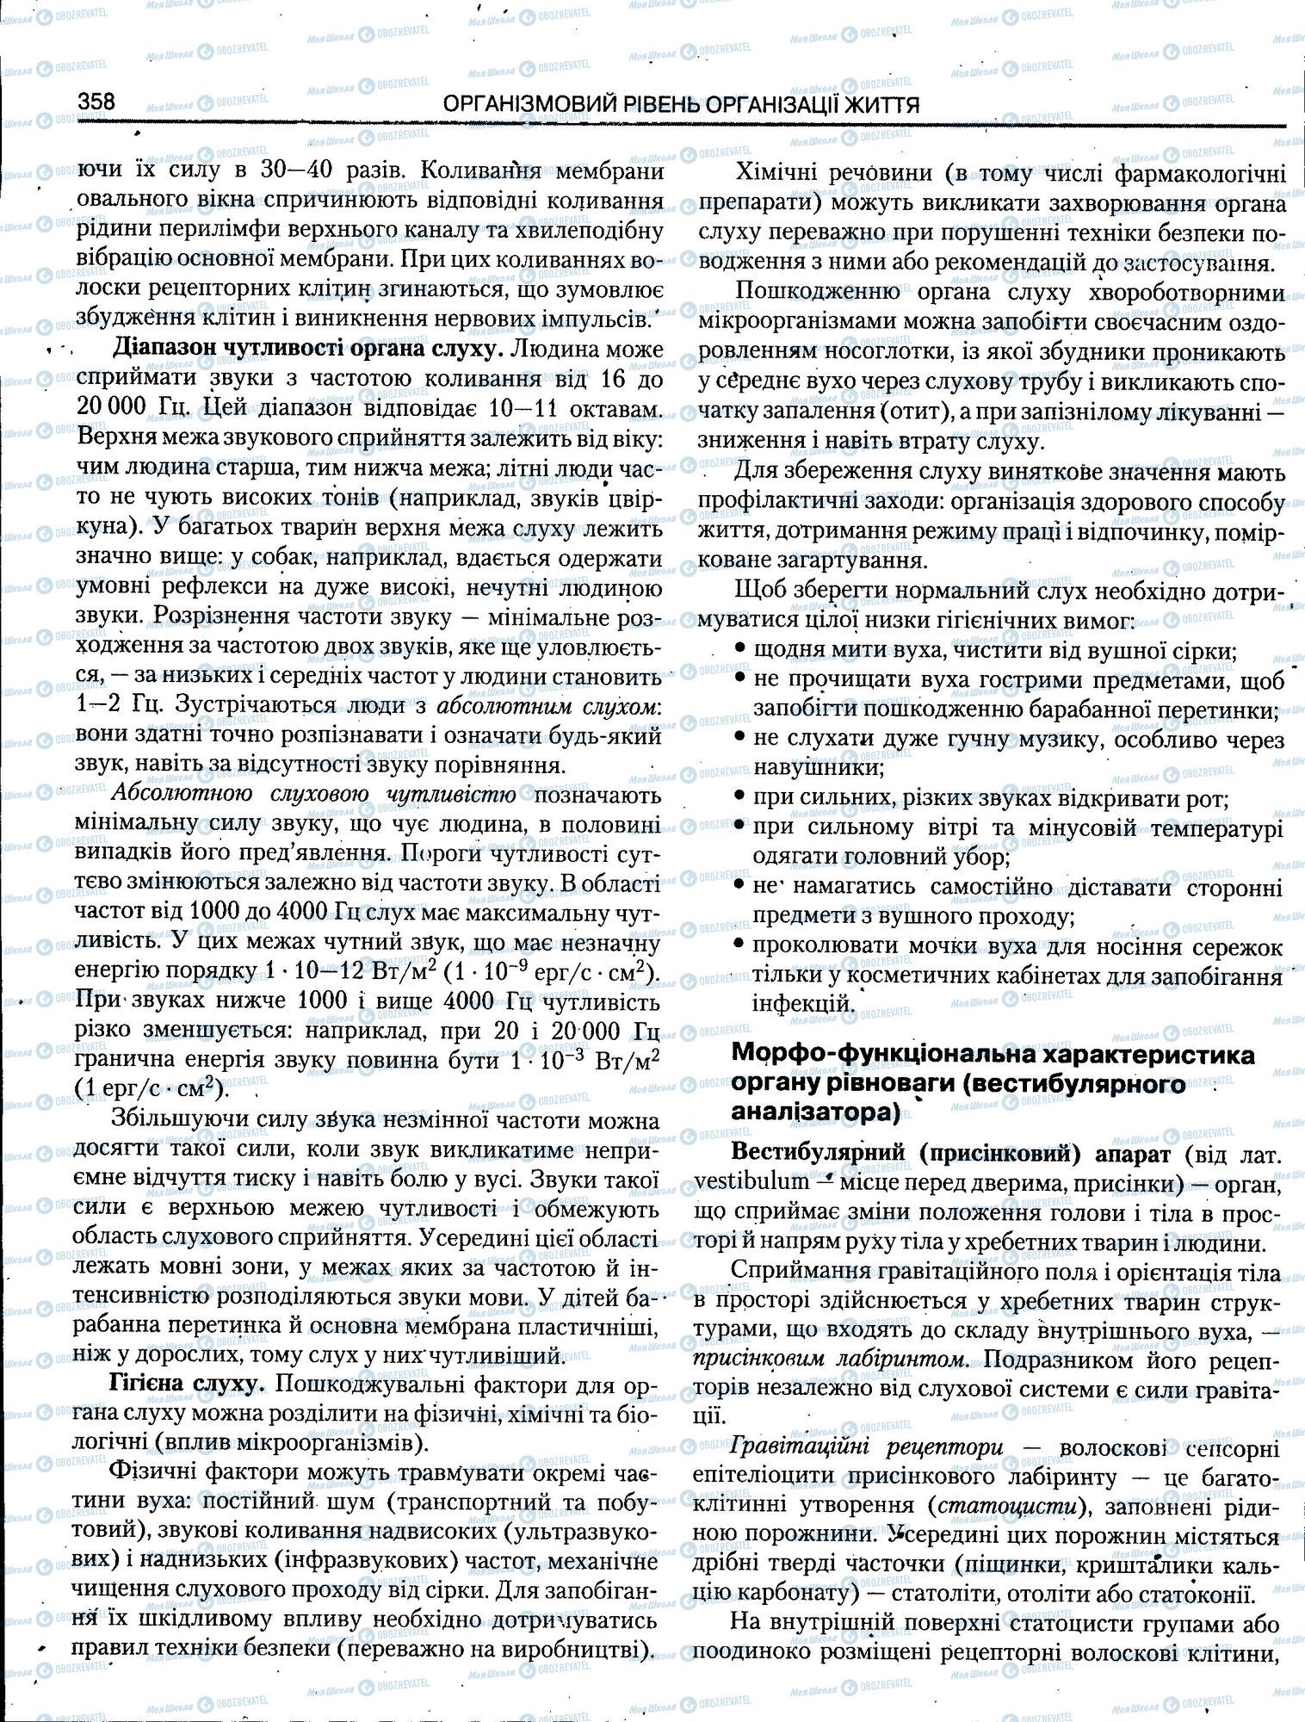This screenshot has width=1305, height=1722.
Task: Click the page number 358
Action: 96,102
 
